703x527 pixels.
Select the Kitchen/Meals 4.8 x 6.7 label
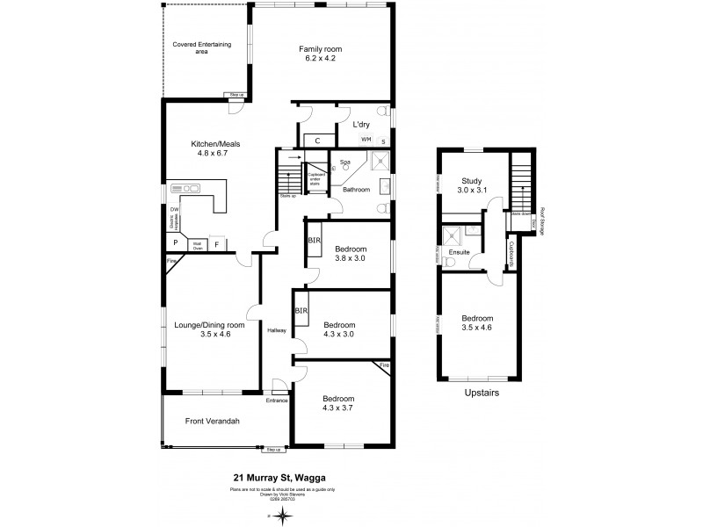point(215,148)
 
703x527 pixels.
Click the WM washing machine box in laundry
point(366,140)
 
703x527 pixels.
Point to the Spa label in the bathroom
point(344,162)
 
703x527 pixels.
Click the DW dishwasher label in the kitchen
point(174,209)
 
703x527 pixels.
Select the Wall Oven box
point(199,246)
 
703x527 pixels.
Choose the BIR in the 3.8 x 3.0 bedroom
point(314,240)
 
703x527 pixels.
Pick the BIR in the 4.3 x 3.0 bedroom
point(301,311)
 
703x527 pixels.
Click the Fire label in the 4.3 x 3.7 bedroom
point(383,364)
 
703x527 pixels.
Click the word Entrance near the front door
point(278,401)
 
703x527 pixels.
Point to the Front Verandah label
point(212,421)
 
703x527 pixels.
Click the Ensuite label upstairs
point(459,253)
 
